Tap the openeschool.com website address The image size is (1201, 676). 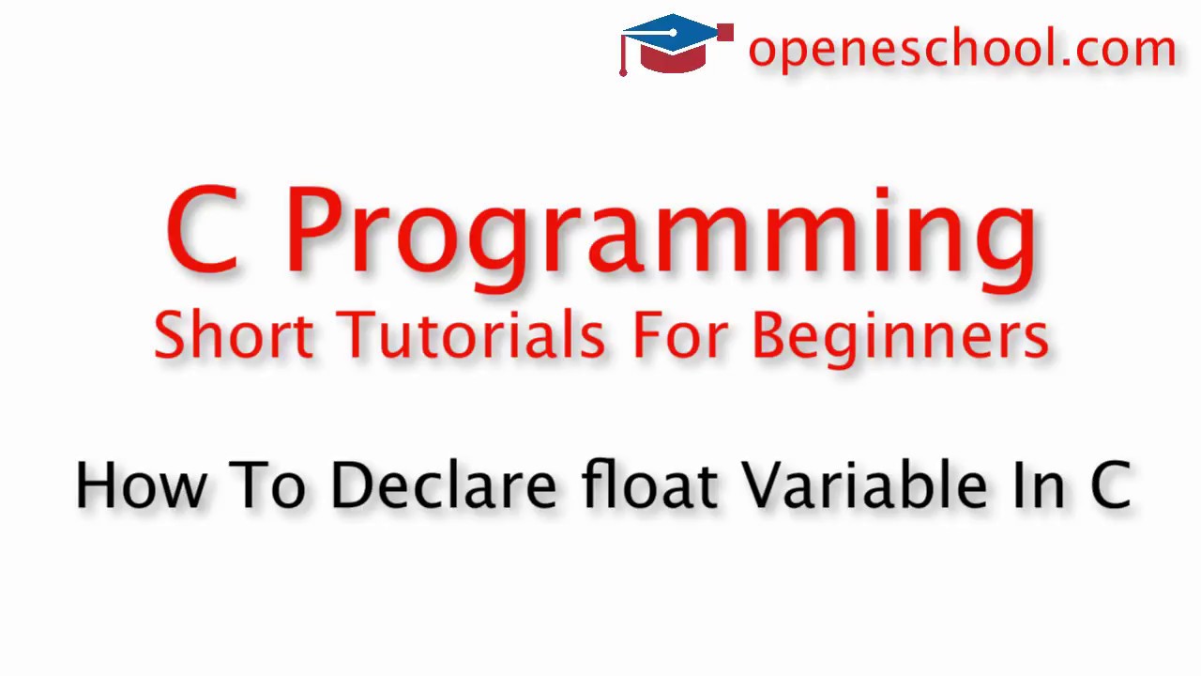(x=962, y=48)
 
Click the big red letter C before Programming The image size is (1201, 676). (x=202, y=229)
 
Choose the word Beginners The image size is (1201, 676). (x=900, y=336)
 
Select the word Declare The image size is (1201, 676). (x=443, y=485)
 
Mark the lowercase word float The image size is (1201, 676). (x=649, y=485)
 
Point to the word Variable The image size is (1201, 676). (x=864, y=485)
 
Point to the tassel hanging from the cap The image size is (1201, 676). (x=623, y=56)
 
